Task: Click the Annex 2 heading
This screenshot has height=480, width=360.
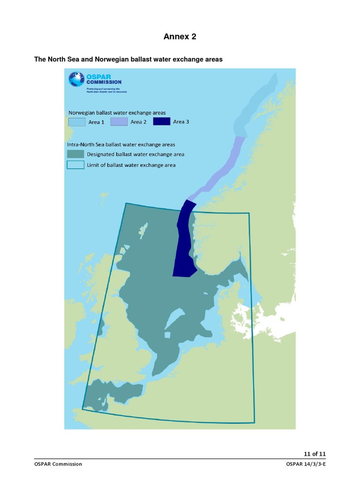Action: point(180,37)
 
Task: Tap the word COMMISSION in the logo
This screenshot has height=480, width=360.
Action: point(103,82)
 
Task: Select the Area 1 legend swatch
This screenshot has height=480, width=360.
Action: point(76,122)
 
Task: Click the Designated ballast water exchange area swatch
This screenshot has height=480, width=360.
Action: point(75,154)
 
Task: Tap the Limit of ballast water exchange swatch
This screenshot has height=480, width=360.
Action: point(75,165)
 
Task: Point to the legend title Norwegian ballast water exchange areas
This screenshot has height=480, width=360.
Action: point(117,112)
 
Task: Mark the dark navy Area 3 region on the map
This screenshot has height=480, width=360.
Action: point(184,244)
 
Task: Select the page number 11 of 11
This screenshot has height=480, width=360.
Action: point(315,454)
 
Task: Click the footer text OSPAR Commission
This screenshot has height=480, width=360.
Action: point(58,464)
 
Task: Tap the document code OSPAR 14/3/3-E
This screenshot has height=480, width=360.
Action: point(306,464)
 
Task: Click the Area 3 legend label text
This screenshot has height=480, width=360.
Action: point(181,122)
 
